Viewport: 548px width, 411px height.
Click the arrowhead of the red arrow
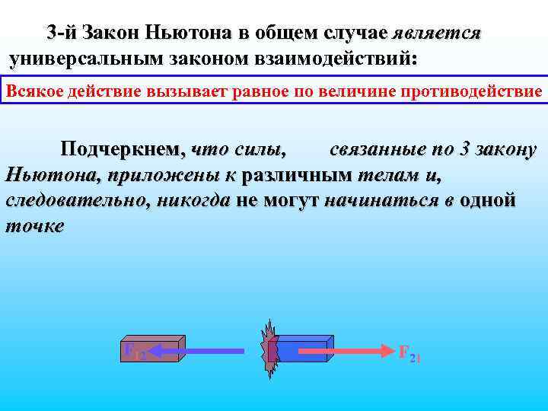pyautogui.click(x=385, y=351)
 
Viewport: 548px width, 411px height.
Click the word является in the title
pyautogui.click(x=436, y=33)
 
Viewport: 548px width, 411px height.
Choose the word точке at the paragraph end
pyautogui.click(x=35, y=226)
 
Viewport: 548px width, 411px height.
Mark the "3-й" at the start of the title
pyautogui.click(x=61, y=33)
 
